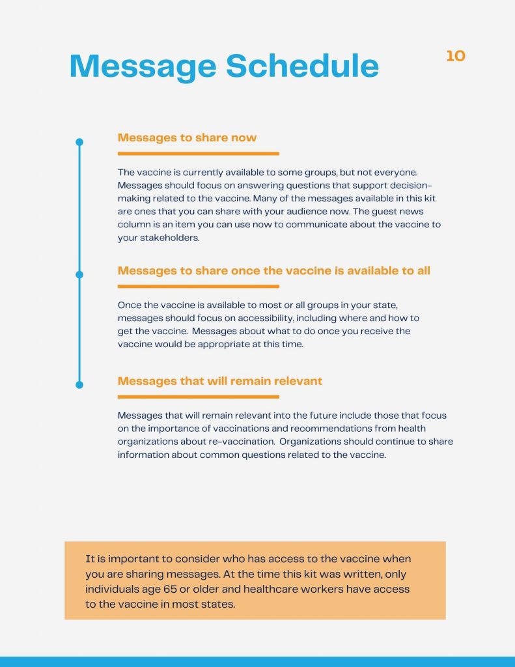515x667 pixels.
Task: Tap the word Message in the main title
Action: tap(143, 66)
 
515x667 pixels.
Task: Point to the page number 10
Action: tap(456, 57)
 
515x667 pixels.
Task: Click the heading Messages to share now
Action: tap(187, 137)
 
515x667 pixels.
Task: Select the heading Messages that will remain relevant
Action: tap(219, 380)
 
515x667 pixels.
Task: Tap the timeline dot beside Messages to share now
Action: tap(79, 141)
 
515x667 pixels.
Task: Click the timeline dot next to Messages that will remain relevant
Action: tap(79, 385)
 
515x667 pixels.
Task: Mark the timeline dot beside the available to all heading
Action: tap(79, 274)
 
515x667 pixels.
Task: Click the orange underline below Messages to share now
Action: tap(198, 154)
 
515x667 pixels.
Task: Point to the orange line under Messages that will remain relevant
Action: tap(198, 397)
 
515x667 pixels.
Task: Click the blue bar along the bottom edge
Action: tap(257, 661)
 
